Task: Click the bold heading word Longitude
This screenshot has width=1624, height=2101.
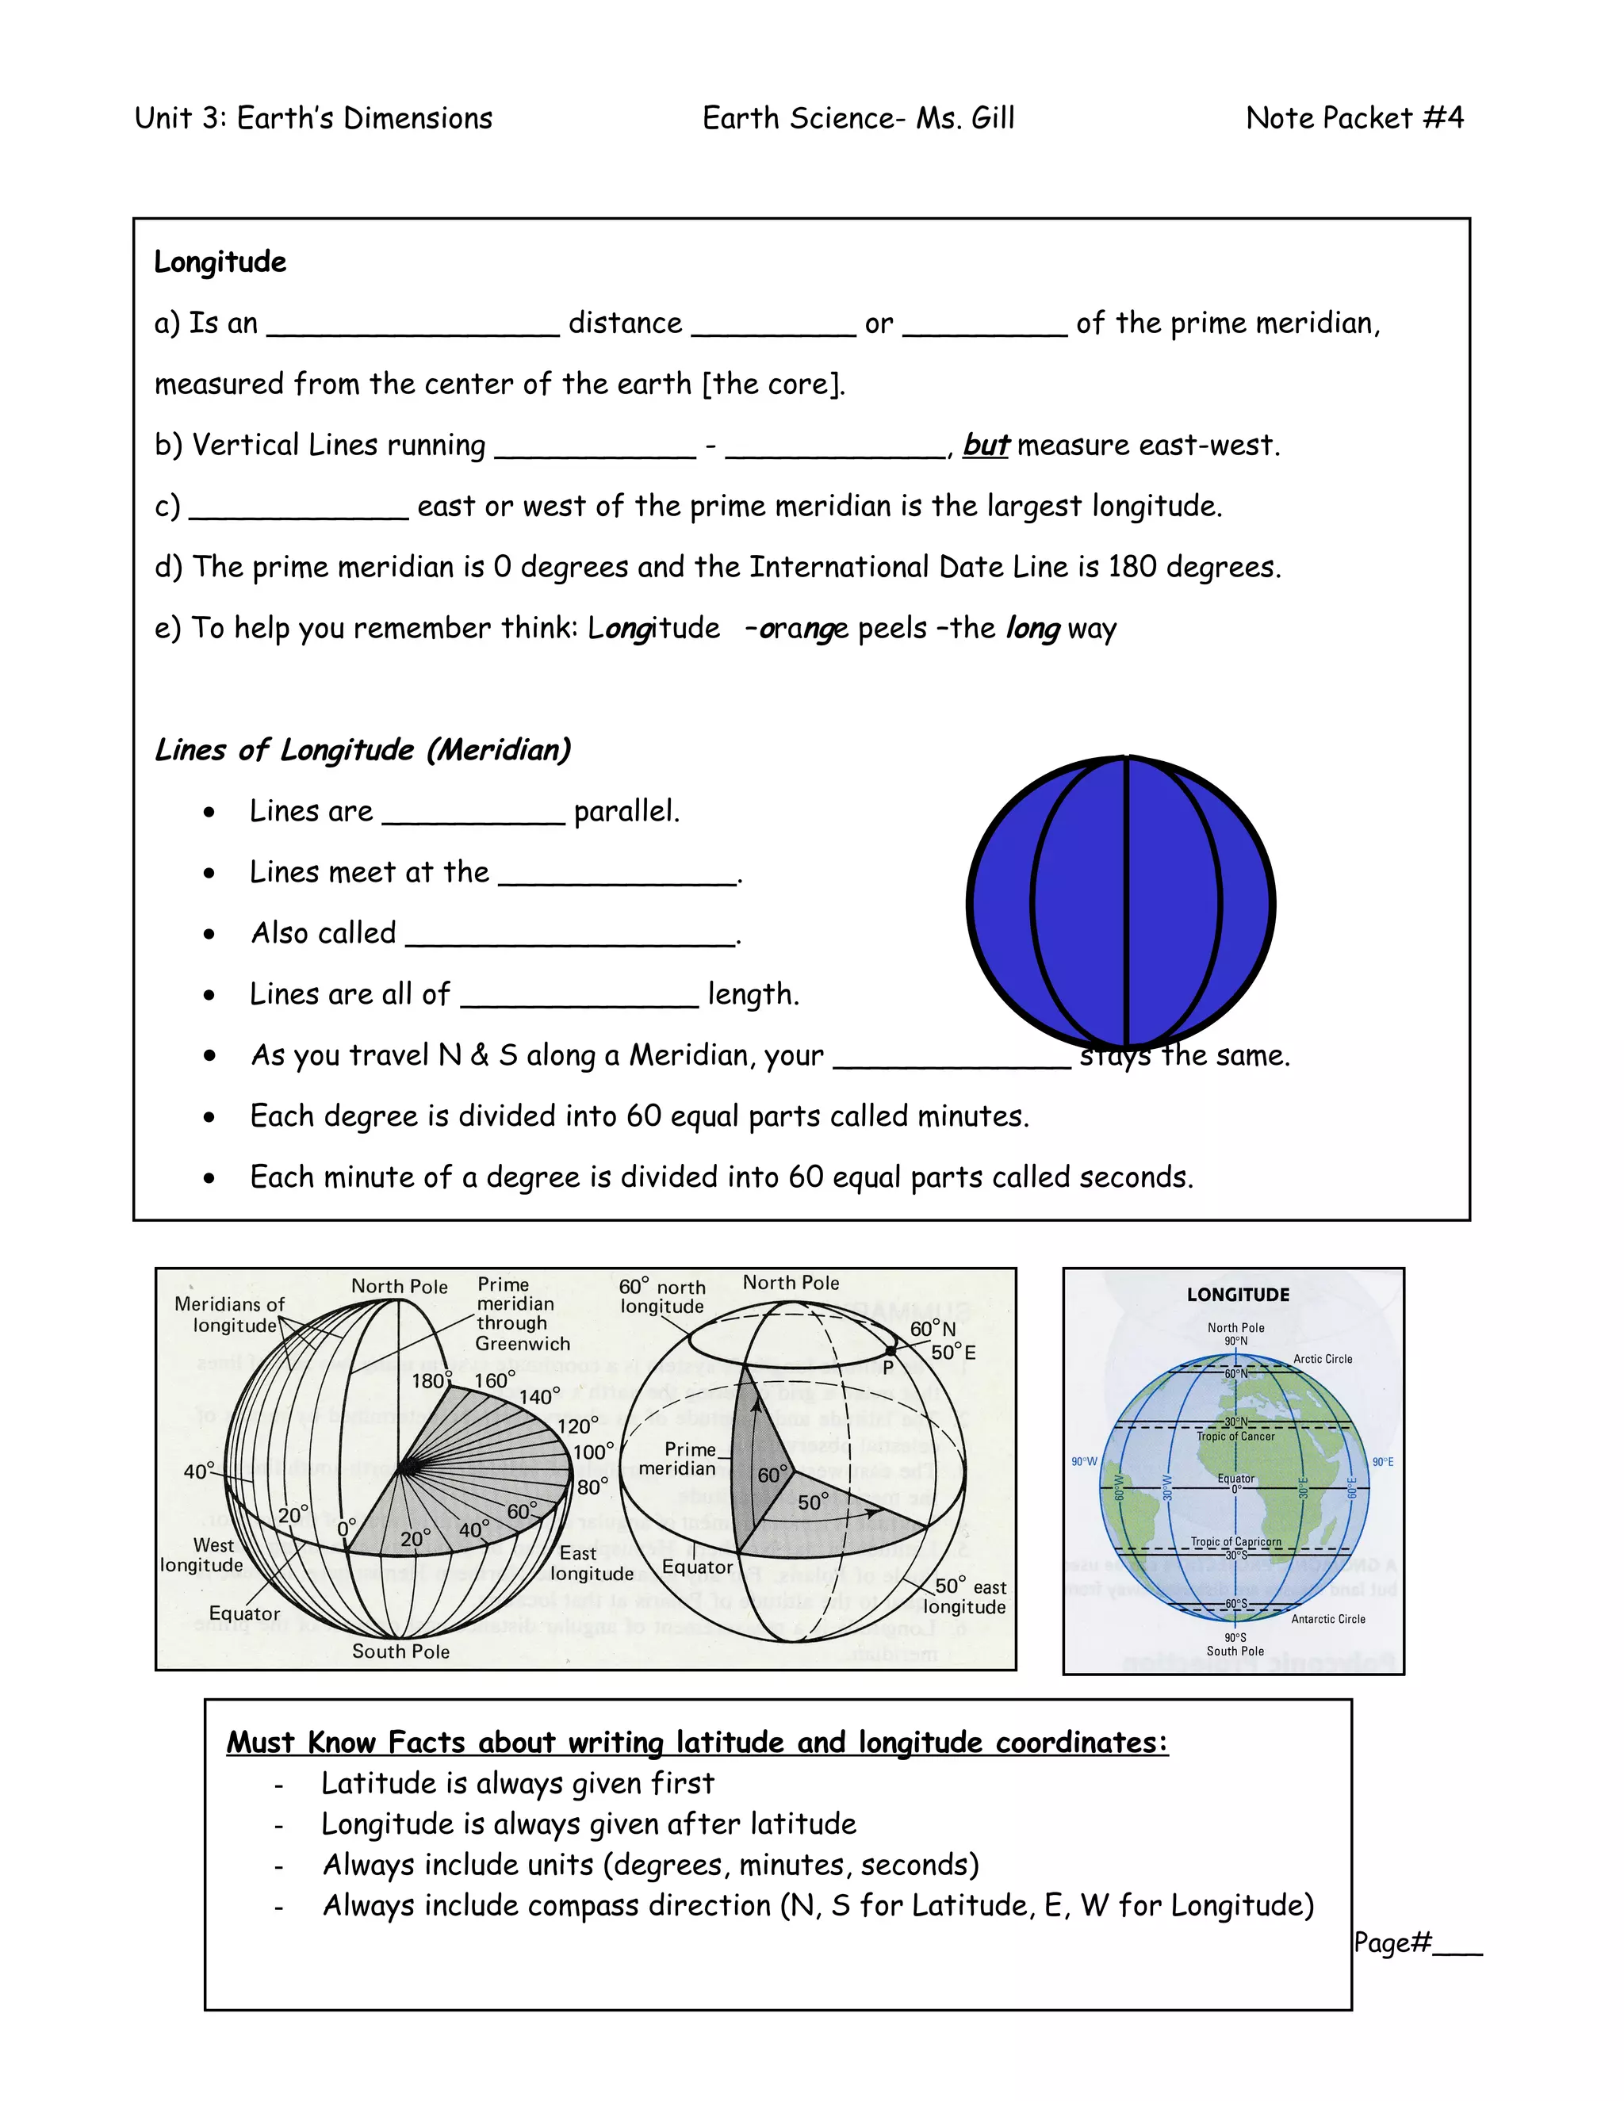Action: coord(220,262)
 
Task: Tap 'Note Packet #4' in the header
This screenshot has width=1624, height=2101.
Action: coord(1354,118)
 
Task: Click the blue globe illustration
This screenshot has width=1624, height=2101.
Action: coord(1120,902)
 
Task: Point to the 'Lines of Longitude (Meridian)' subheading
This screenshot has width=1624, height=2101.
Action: coord(362,749)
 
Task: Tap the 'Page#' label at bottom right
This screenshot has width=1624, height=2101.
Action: coord(1393,1942)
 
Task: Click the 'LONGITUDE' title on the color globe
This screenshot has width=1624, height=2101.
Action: coord(1237,1295)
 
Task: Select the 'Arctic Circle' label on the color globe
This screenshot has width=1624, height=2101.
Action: coord(1322,1359)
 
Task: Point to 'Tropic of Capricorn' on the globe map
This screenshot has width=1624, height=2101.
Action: coord(1235,1541)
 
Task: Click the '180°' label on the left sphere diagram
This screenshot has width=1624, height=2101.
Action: coord(429,1380)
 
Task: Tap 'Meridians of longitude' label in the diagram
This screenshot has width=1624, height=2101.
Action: coord(230,1314)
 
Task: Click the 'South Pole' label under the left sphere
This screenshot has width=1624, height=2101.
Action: coord(400,1651)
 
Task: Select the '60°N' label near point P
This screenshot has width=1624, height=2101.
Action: coord(933,1329)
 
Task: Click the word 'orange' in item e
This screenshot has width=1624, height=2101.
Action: coord(803,628)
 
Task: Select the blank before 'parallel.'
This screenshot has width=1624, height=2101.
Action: coord(473,813)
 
